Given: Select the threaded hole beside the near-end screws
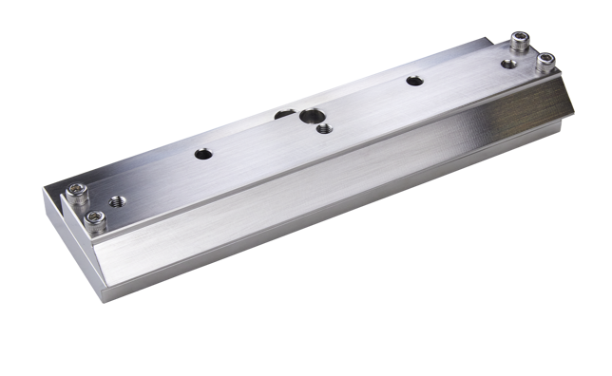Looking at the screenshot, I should (x=118, y=199).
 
